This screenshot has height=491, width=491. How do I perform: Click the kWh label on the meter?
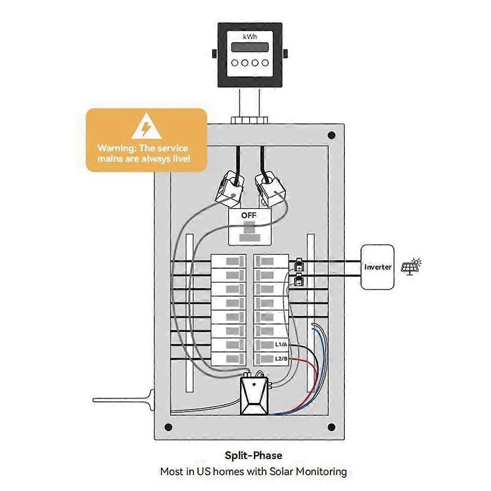coord(250,37)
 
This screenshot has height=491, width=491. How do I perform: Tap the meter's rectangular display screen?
coord(250,48)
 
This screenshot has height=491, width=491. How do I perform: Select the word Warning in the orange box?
coord(114,148)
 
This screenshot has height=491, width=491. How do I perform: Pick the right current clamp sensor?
coord(271,189)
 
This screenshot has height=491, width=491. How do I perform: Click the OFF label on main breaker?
coord(249,215)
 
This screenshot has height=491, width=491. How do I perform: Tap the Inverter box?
coord(378,267)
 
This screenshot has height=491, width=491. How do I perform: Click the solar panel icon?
coord(411,266)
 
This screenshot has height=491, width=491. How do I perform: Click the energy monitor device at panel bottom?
coord(255,396)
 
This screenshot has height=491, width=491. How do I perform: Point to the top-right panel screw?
coord(332,135)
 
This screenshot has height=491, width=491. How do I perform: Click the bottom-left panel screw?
coord(168,426)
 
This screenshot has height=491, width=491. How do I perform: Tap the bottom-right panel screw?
coord(332,426)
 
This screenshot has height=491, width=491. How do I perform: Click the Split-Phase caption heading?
coord(254,456)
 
